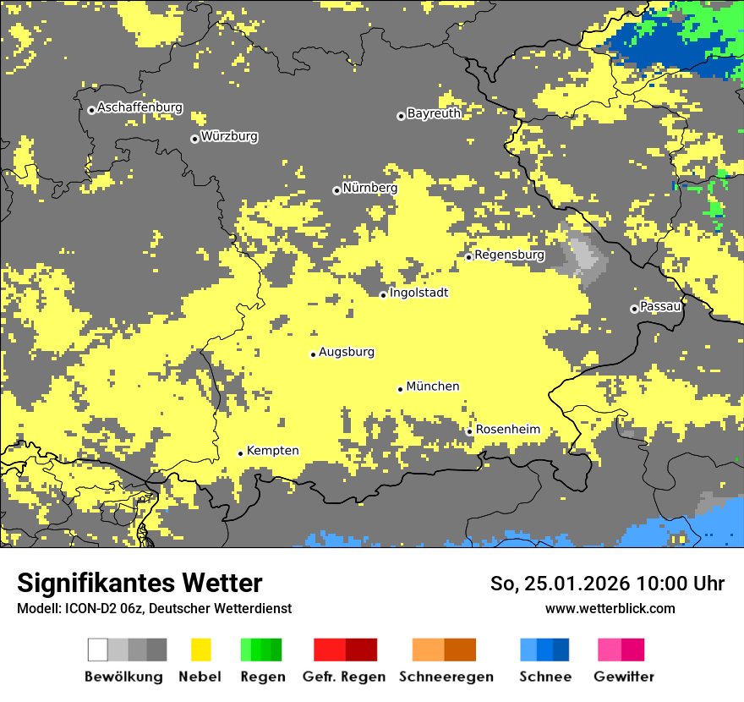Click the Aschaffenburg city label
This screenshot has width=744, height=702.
(x=139, y=108)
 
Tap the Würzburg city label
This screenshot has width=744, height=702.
(x=229, y=136)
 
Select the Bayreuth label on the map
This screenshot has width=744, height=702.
(x=434, y=113)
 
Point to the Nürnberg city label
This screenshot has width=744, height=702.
(x=369, y=188)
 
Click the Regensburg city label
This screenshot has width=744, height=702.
(x=509, y=255)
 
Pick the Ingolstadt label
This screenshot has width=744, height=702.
(x=418, y=293)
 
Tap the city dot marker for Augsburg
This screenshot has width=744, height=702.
(x=313, y=354)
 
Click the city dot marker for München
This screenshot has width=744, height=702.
(x=401, y=389)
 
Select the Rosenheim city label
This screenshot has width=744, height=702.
(x=507, y=430)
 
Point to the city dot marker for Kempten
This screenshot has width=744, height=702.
(x=241, y=453)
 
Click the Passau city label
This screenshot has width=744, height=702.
(x=660, y=306)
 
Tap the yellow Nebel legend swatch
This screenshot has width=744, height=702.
(x=200, y=650)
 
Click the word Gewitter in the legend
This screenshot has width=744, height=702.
(x=624, y=677)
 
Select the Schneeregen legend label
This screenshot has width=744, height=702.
(x=446, y=677)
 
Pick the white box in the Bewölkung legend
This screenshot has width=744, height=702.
(x=98, y=650)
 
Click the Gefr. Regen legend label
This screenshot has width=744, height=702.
(x=344, y=677)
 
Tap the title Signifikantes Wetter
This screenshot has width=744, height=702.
(x=139, y=584)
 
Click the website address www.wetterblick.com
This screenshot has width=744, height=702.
(x=610, y=608)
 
